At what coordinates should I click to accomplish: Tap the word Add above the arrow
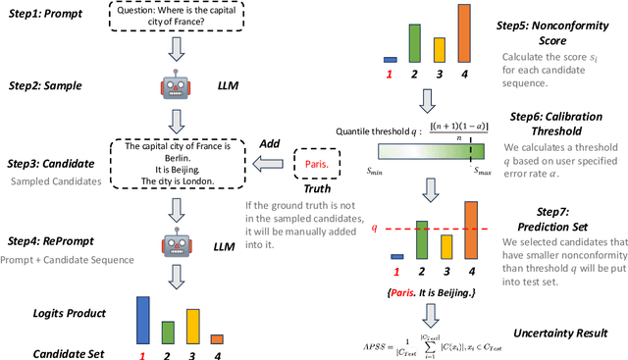click(270, 143)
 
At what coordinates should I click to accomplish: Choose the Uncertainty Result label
click(563, 334)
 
